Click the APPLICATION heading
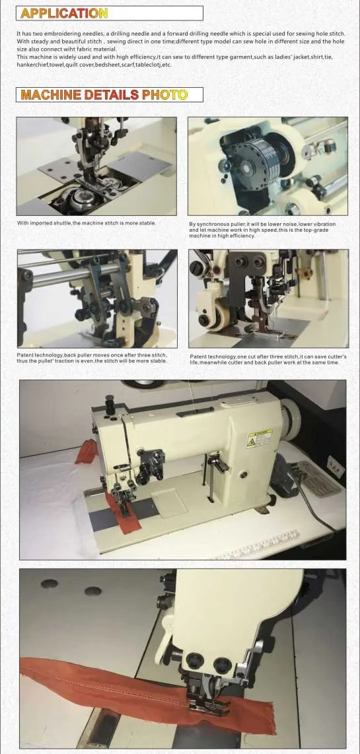point(64,13)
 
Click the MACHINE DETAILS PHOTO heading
point(104,94)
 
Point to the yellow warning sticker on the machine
point(260,438)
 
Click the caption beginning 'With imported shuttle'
point(87,223)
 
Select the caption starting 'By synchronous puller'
point(262,230)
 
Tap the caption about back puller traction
point(92,359)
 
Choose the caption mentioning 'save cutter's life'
point(268,359)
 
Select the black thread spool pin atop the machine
point(110,404)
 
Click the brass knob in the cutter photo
point(303,274)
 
